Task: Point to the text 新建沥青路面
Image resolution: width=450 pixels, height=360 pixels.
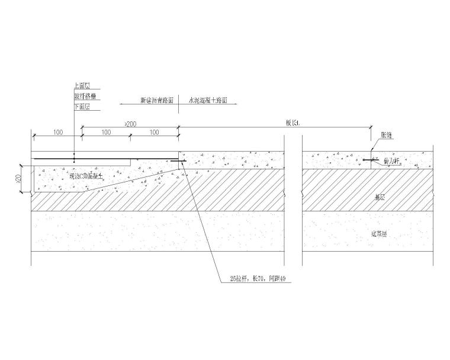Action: click(156, 101)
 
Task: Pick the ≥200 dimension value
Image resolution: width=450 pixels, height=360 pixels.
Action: click(130, 123)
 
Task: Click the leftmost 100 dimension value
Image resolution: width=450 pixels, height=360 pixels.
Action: click(57, 132)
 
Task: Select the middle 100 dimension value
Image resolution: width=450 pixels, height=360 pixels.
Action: click(105, 132)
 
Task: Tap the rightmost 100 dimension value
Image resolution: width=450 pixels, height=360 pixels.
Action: click(154, 132)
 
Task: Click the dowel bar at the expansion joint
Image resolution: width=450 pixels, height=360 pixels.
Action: click(372, 160)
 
